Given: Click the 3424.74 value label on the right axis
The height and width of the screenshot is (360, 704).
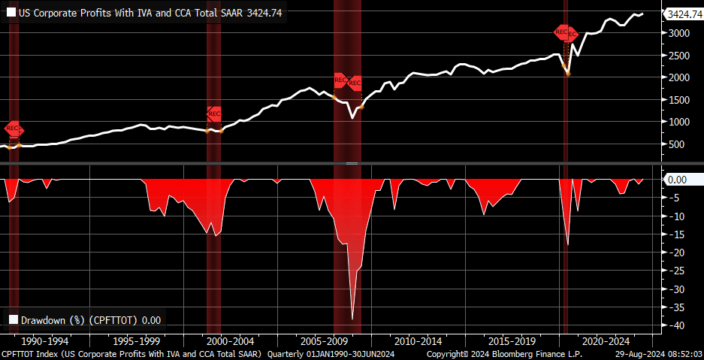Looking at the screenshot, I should click(684, 14).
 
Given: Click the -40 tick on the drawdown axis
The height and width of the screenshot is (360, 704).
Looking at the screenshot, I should click(677, 325).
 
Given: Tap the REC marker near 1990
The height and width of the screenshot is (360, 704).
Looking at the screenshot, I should click(14, 129).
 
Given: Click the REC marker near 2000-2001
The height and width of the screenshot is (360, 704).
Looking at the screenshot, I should click(214, 114).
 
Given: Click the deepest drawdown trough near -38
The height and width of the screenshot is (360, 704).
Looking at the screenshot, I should click(352, 319).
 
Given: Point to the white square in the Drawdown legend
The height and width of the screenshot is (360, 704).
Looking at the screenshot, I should click(13, 319).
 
